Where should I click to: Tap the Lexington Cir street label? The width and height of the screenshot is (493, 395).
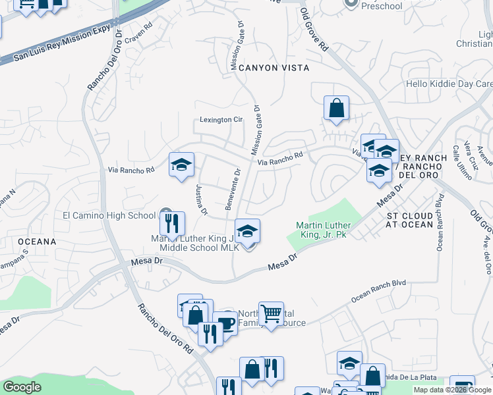point(222,120)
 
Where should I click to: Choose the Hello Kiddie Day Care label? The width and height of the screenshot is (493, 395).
point(449,84)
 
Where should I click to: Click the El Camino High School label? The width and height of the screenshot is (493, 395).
point(109,215)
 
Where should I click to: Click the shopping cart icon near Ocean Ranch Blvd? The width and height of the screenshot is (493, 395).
point(271,314)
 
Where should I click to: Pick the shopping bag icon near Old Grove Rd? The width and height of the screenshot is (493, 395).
point(336,108)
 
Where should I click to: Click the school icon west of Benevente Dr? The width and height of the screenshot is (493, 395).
point(181,165)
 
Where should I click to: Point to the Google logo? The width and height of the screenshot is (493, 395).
point(22,387)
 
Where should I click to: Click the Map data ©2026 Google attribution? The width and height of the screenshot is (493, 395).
point(452,390)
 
